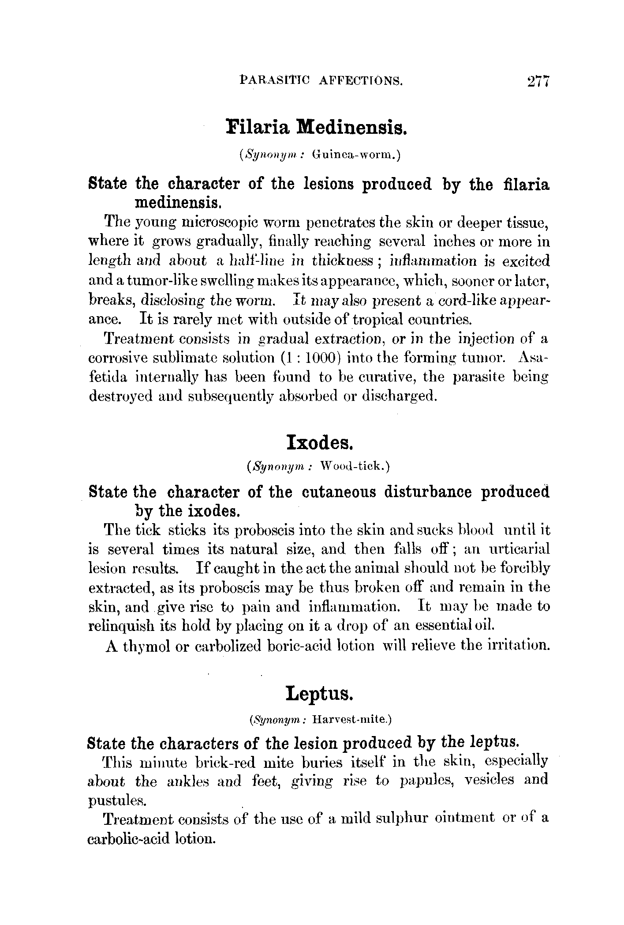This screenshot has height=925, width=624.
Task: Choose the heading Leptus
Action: click(319, 693)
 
